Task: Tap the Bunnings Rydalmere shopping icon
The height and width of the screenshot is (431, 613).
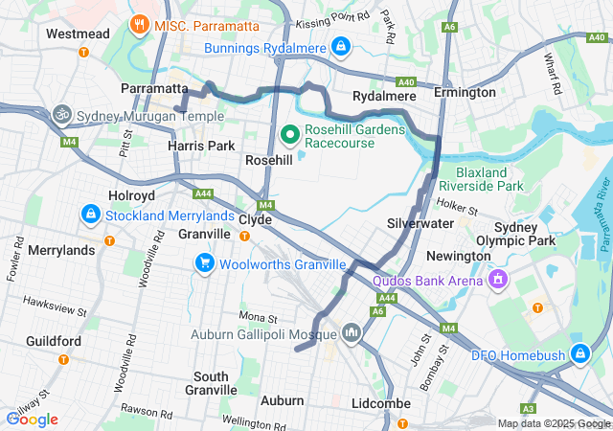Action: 341,46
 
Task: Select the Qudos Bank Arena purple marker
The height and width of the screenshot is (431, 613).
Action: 497,279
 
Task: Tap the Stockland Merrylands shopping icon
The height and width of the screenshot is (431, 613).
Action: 91,215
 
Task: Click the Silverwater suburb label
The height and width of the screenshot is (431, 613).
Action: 420,223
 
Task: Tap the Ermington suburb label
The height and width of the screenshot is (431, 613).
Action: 465,92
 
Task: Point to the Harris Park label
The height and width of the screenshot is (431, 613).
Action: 201,146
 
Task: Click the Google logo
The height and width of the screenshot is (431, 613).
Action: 32,419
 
